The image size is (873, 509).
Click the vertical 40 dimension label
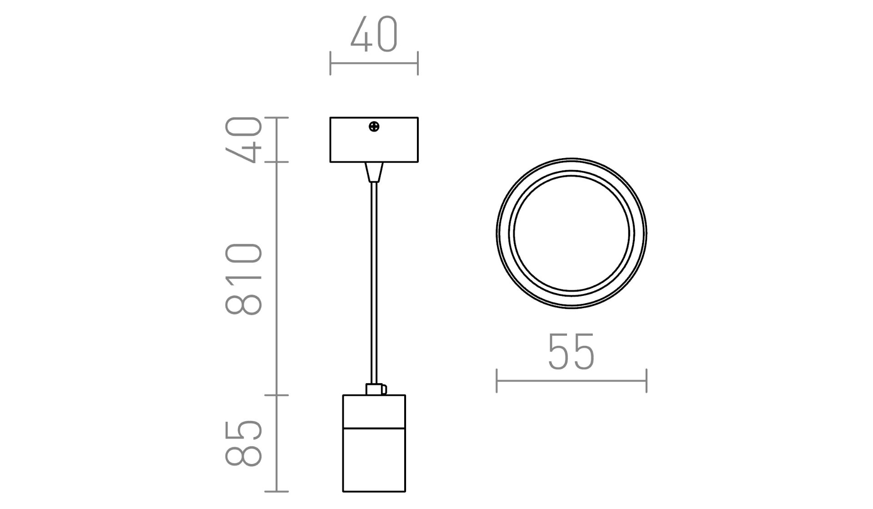tap(244, 140)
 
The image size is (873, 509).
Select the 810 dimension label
tap(244, 279)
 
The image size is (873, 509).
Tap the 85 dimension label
tap(244, 443)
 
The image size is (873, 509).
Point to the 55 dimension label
tap(571, 352)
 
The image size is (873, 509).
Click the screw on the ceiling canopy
tap(374, 127)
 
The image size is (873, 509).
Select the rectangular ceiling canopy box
tap(374, 140)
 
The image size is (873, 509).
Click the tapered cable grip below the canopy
tap(374, 172)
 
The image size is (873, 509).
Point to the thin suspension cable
tap(374, 284)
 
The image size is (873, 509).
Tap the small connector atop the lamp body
tap(376, 389)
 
